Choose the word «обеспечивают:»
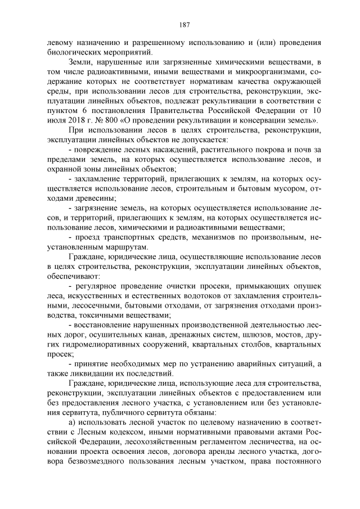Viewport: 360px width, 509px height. pyautogui.click(x=67, y=276)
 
